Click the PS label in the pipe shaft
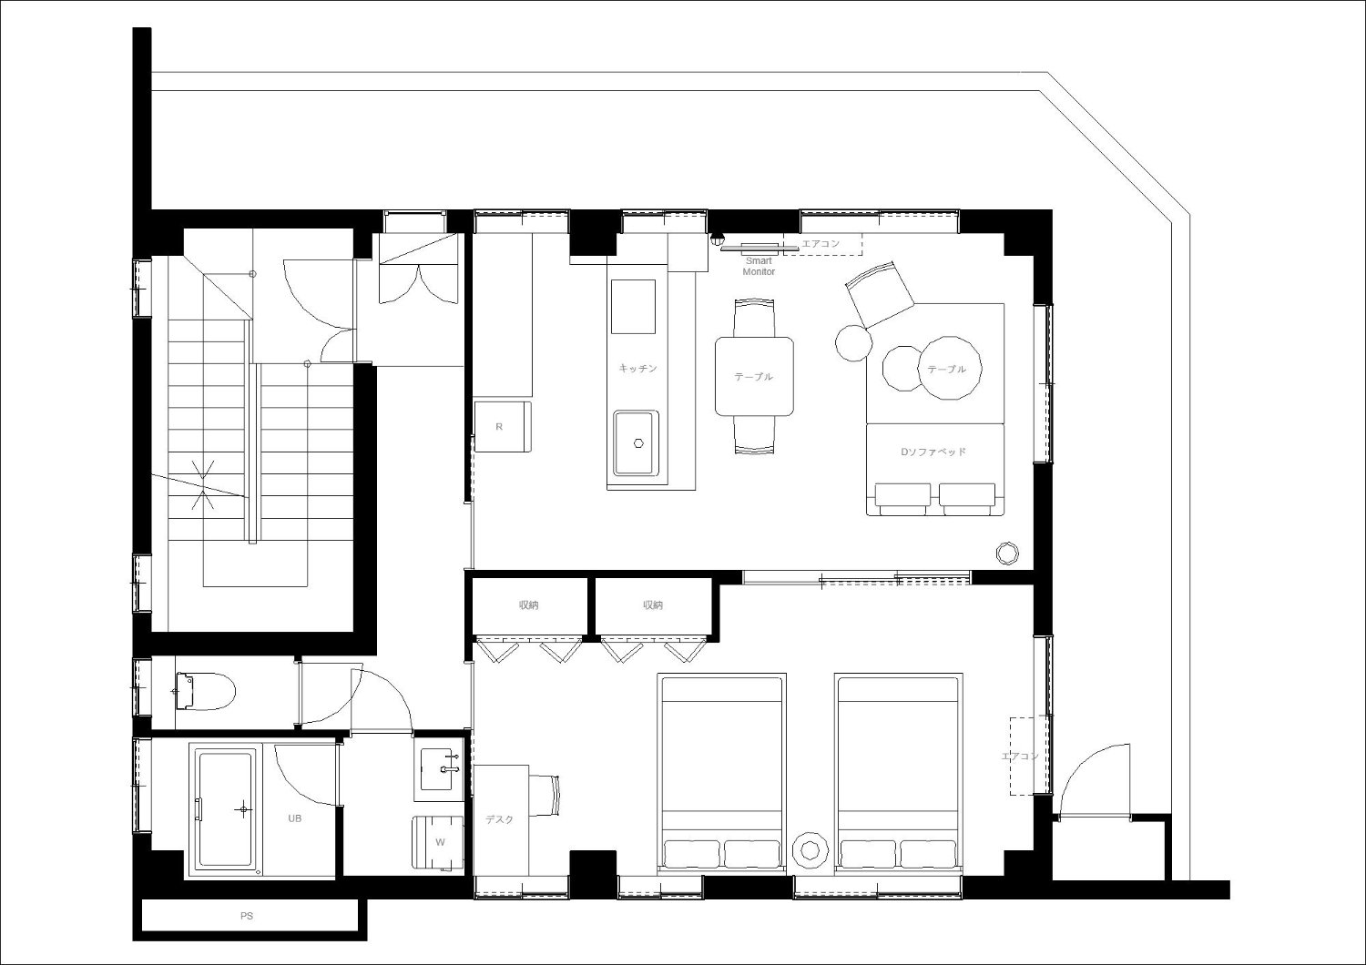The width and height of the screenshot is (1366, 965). [247, 916]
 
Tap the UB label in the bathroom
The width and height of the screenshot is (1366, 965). [294, 818]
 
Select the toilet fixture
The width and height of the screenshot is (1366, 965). [205, 691]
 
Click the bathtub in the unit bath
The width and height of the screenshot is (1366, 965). [225, 808]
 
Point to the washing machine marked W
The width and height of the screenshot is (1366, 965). [438, 842]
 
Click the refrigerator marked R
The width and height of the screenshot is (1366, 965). [503, 426]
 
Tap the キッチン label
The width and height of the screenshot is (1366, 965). [637, 368]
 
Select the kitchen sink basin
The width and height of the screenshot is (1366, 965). [636, 443]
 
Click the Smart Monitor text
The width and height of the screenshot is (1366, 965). [759, 266]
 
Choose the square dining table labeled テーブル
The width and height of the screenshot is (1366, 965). [754, 376]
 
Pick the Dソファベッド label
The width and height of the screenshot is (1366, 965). [933, 452]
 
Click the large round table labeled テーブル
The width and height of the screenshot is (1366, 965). [950, 368]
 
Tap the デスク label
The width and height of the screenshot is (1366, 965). [499, 820]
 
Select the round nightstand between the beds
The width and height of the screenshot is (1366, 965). [810, 848]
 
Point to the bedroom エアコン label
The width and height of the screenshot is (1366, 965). [1020, 756]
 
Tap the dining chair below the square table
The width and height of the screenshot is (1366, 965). [754, 435]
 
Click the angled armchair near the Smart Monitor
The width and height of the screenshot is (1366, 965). [880, 294]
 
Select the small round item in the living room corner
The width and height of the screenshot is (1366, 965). [1007, 553]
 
